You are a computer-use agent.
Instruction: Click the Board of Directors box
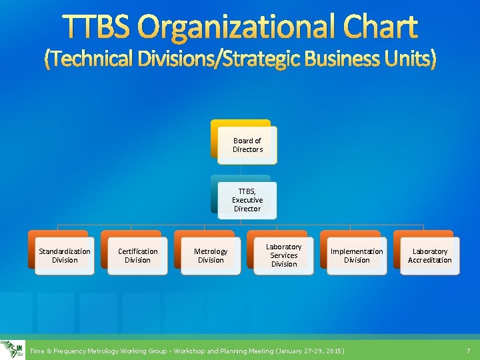point(247,145)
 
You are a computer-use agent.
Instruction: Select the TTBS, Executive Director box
point(247,200)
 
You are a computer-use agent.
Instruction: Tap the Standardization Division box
point(65,255)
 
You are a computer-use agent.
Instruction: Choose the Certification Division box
point(138,255)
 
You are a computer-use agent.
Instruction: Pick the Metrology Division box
point(211,255)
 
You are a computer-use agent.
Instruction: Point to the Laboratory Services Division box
point(284,255)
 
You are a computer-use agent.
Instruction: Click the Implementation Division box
point(357,255)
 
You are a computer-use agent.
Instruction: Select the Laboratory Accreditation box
point(430,255)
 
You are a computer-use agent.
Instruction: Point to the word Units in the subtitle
point(411,60)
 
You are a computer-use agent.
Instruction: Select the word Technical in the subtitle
point(86,60)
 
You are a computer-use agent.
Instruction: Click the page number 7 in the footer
point(468,351)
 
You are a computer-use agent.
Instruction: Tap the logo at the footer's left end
point(13,350)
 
